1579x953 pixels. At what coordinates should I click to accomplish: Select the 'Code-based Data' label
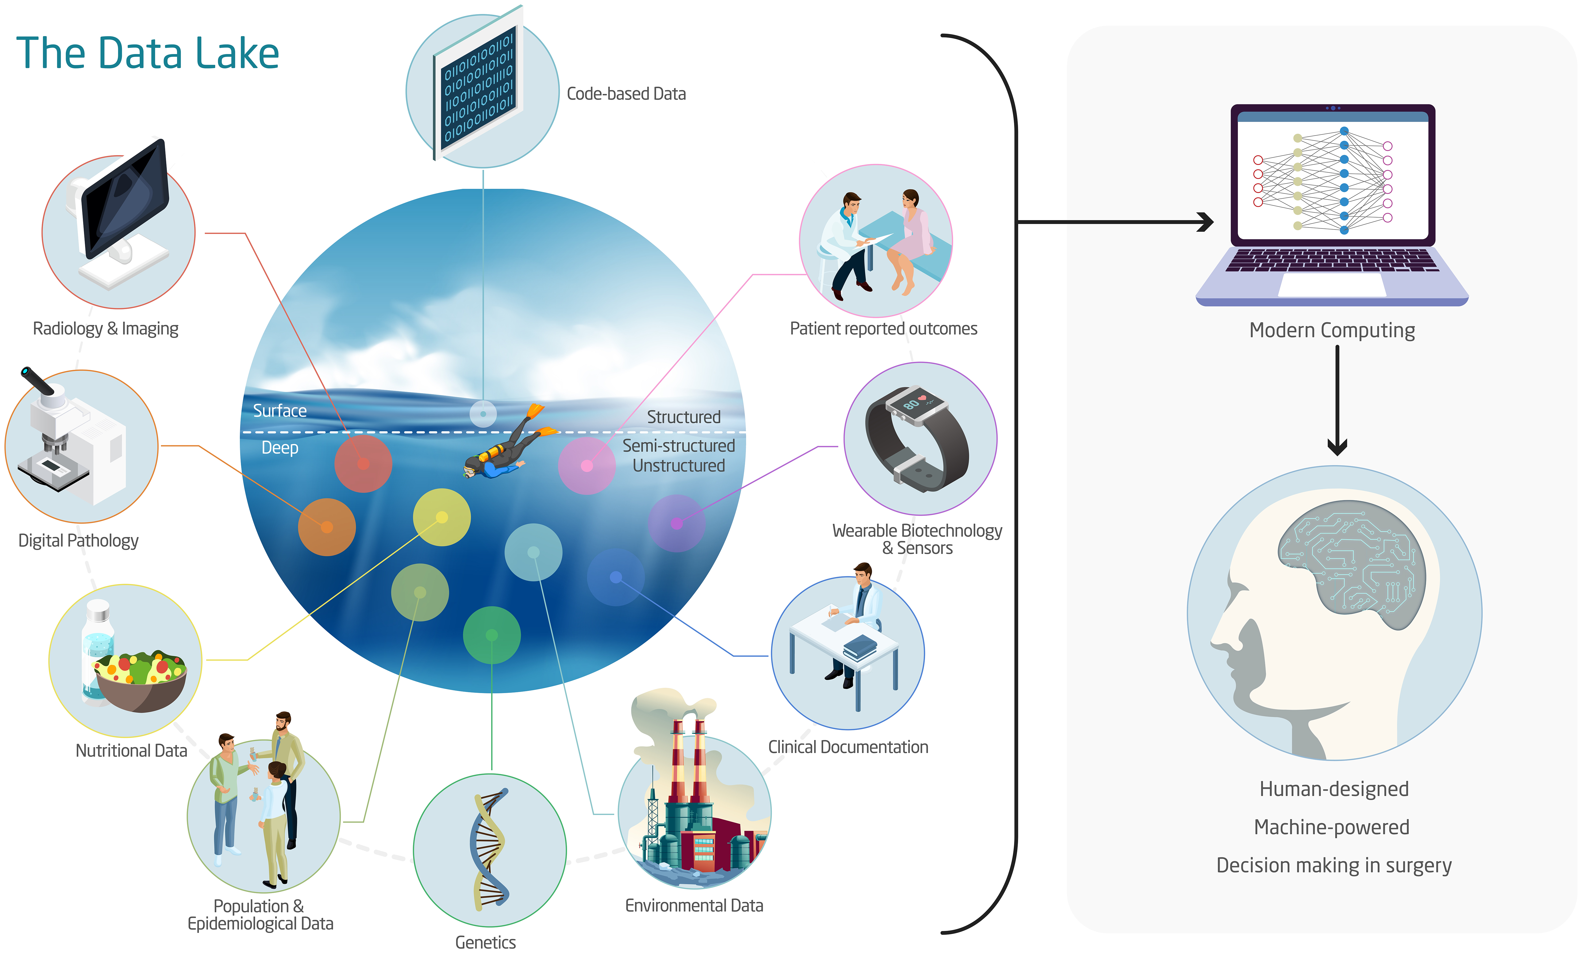click(626, 94)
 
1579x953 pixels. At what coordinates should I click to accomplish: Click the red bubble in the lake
click(363, 463)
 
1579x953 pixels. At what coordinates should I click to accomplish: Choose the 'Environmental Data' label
click(694, 906)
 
